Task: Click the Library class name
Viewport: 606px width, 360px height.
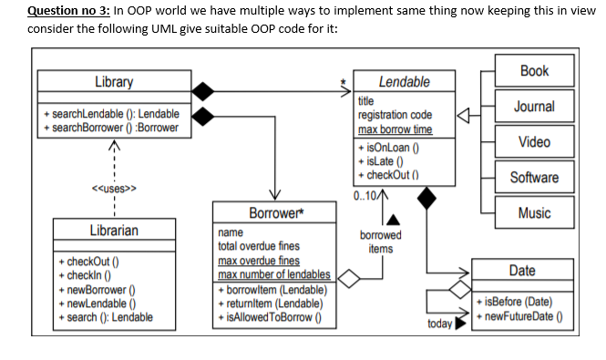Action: point(114,82)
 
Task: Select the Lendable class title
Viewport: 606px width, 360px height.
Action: point(404,82)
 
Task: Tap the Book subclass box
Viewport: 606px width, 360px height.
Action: point(534,70)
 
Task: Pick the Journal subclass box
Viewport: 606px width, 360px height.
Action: point(534,107)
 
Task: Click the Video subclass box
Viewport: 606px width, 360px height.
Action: point(534,142)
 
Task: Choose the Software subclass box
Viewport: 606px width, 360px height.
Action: point(534,177)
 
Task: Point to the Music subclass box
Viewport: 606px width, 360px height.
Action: point(534,212)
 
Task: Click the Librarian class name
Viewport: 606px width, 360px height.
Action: point(114,231)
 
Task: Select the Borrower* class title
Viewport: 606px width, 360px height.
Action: point(274,214)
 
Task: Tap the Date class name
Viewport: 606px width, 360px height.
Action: point(522,271)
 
